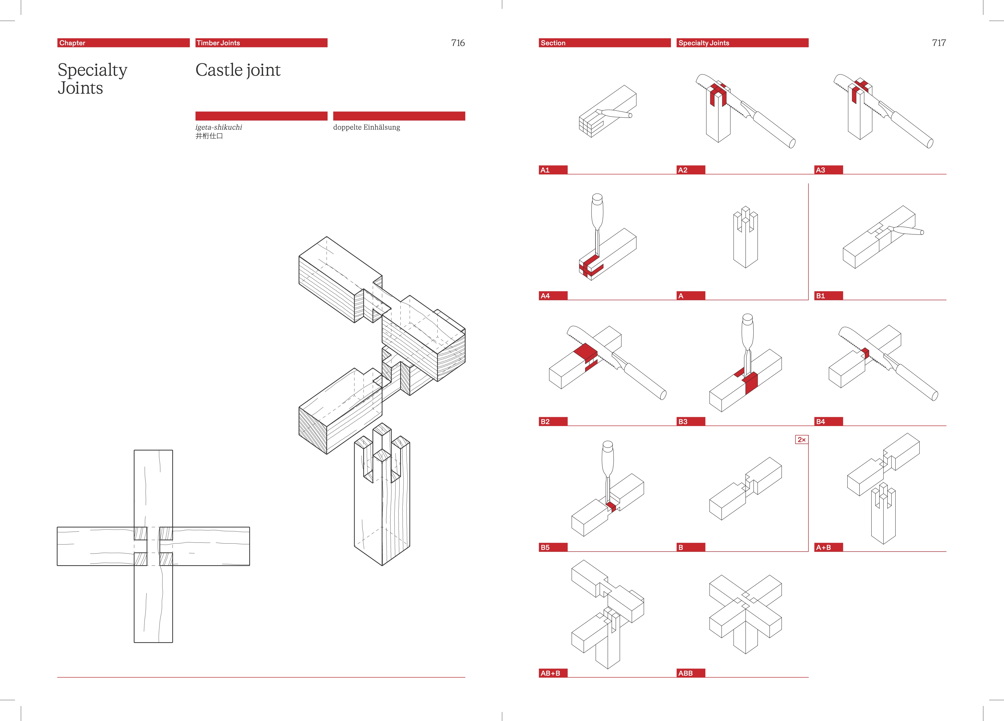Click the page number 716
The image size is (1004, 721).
(x=458, y=43)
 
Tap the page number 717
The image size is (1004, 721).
(x=939, y=43)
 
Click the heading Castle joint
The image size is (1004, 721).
(x=238, y=70)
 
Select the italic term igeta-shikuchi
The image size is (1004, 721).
(x=219, y=127)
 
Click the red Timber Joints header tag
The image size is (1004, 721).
(x=218, y=43)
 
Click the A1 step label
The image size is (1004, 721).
(x=545, y=170)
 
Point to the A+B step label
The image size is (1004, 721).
(x=823, y=548)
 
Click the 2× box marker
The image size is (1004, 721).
(x=801, y=439)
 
